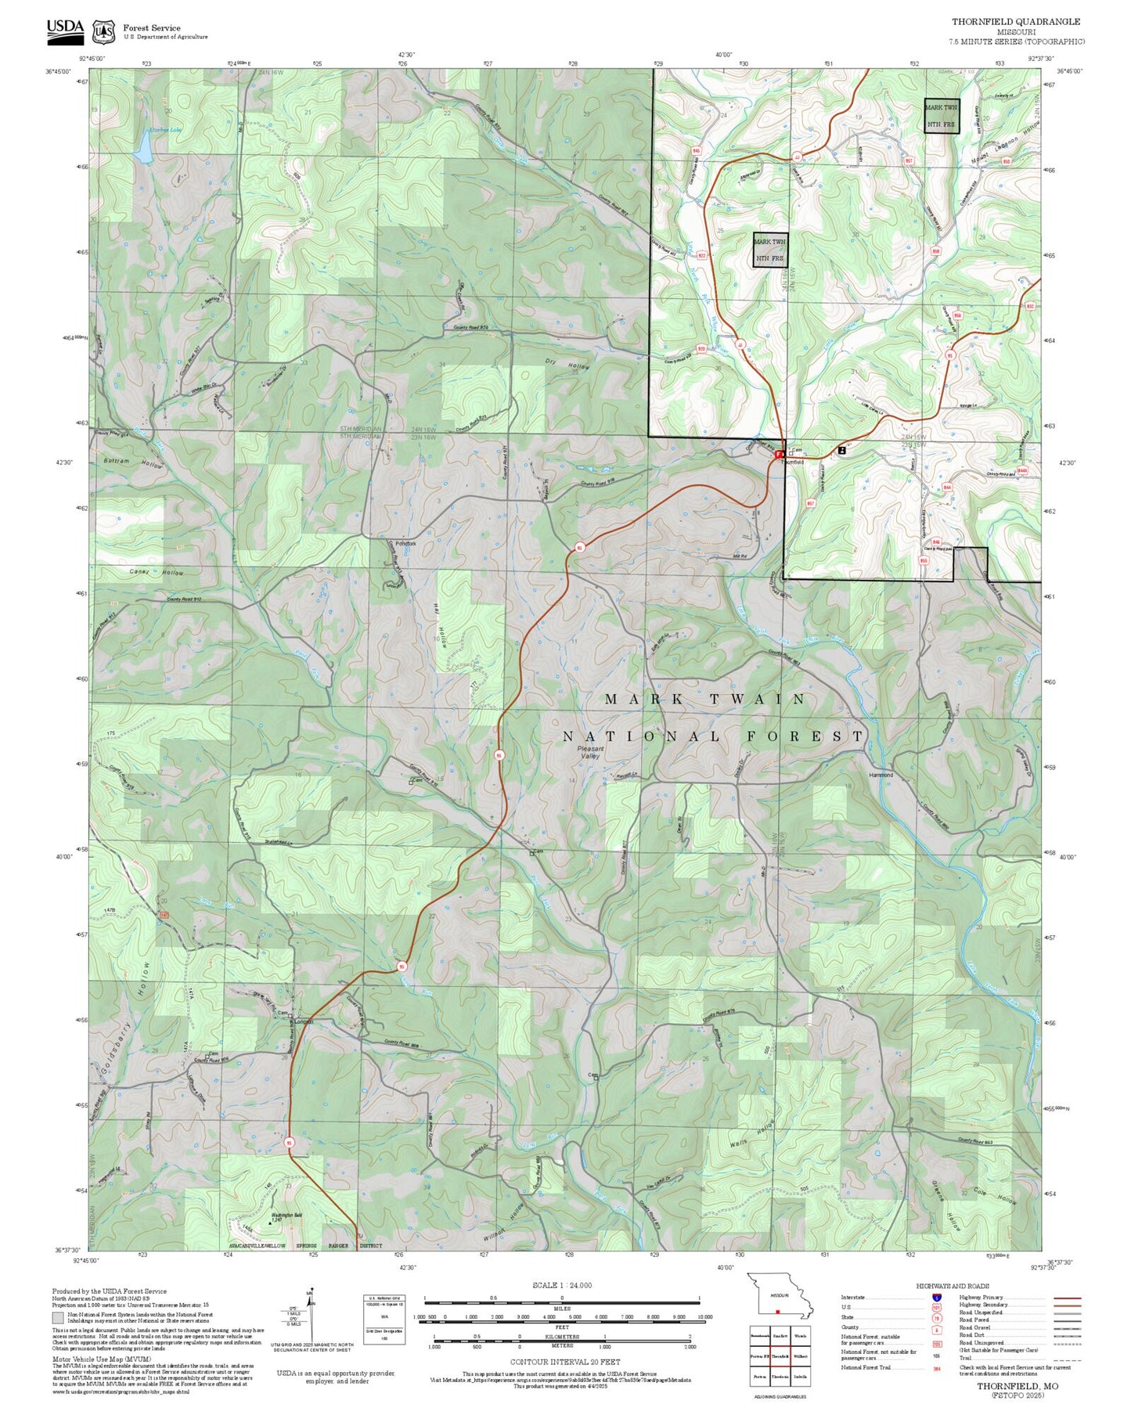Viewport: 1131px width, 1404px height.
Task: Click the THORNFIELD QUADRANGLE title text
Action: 1015,22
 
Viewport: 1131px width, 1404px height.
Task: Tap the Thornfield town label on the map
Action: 792,463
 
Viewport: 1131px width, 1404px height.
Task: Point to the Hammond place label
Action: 881,775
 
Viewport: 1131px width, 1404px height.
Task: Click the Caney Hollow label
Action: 157,573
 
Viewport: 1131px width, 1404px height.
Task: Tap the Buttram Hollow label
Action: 133,463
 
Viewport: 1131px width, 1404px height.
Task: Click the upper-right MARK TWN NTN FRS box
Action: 942,116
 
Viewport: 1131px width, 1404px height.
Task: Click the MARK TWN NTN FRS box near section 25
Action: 769,250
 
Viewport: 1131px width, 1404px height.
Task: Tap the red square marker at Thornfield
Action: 778,454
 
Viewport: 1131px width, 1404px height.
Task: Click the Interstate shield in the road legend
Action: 936,1297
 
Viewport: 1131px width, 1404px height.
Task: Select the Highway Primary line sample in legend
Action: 1068,1298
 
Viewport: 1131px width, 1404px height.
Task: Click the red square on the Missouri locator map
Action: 777,1312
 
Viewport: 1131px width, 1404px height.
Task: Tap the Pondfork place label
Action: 405,543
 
